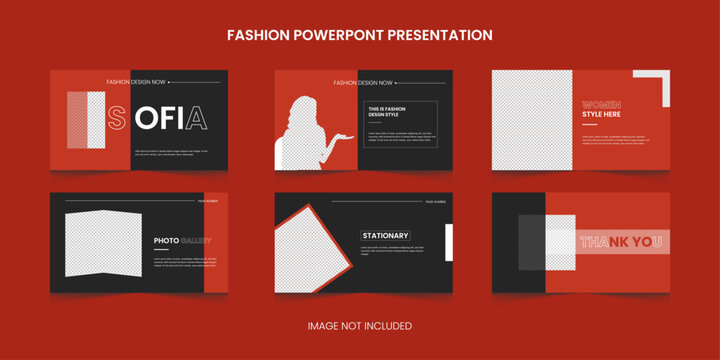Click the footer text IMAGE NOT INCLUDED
pyautogui.click(x=359, y=326)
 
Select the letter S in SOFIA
pyautogui.click(x=118, y=119)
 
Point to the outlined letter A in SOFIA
pyautogui.click(x=198, y=119)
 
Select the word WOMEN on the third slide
pyautogui.click(x=601, y=104)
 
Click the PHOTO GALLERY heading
pyautogui.click(x=181, y=241)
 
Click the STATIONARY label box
pyautogui.click(x=386, y=236)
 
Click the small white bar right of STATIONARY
pyautogui.click(x=449, y=243)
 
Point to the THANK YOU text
pyautogui.click(x=621, y=241)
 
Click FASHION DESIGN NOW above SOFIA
pyautogui.click(x=136, y=82)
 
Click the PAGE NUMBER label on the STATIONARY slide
pyautogui.click(x=436, y=201)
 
